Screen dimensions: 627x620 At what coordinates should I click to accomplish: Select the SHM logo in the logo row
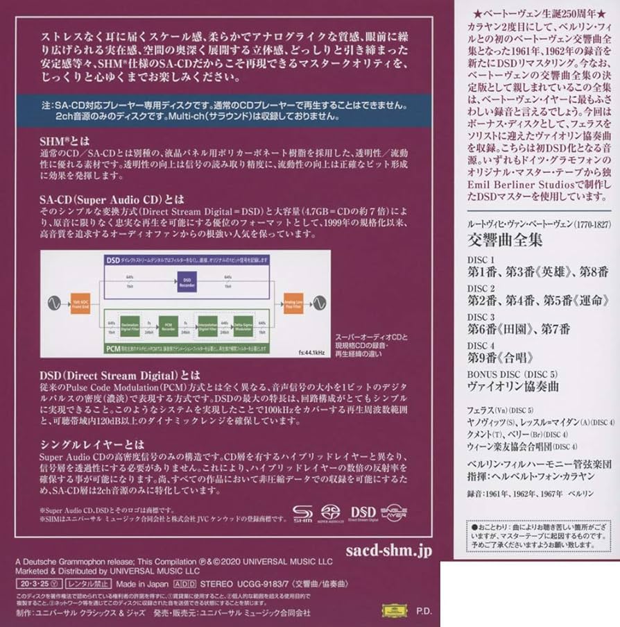(x=302, y=516)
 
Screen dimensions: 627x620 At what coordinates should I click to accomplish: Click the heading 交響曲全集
(x=499, y=240)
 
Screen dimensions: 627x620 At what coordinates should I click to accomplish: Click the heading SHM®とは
(x=59, y=140)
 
